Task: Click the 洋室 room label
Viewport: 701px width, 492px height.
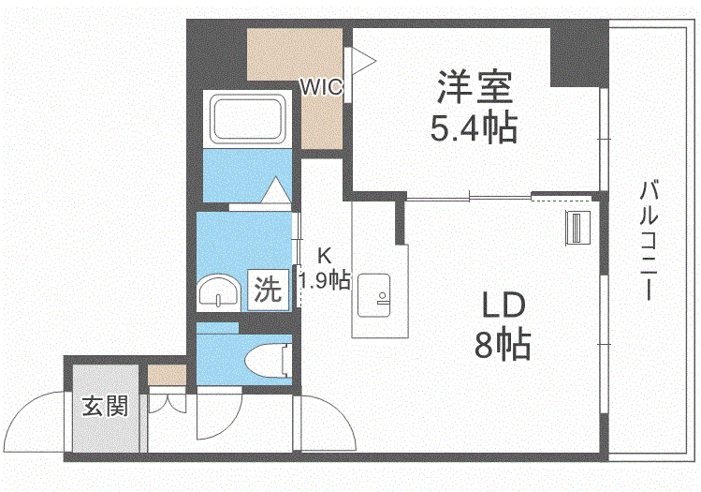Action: click(474, 86)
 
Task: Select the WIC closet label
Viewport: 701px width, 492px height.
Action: click(321, 86)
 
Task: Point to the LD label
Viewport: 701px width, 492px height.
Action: click(504, 306)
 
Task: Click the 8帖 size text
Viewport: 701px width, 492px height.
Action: click(503, 346)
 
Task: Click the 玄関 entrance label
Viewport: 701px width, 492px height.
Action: click(104, 408)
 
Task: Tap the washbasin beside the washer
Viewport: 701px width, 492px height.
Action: click(220, 292)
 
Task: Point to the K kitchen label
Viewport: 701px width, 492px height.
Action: click(324, 254)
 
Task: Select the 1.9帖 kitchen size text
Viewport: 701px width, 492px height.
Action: click(325, 279)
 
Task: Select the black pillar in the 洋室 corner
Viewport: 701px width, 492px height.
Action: click(574, 52)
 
